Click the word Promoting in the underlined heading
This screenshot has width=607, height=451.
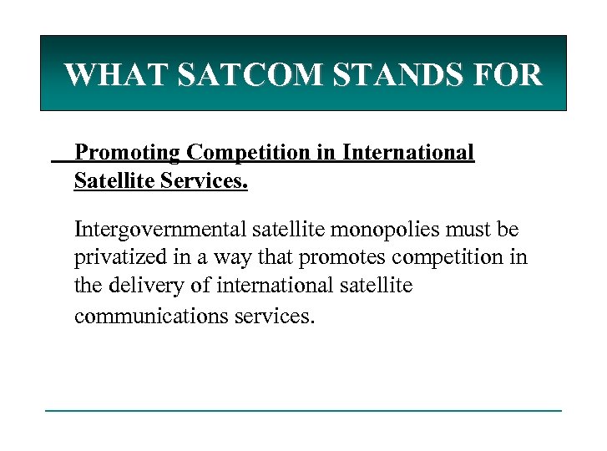128,154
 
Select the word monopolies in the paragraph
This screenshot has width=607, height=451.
381,228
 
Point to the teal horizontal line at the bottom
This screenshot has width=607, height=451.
303,410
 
